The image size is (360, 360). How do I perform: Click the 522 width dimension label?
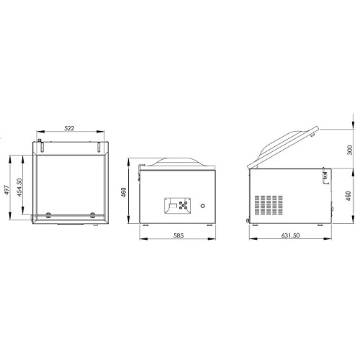point(69,128)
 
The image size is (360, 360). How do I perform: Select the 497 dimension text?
point(6,190)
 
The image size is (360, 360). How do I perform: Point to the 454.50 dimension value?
point(19,187)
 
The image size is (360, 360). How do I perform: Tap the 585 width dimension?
point(179,235)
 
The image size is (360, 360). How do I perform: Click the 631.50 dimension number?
point(290,235)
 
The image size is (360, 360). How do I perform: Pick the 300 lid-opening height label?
point(350,150)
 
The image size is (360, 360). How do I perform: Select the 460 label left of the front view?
point(123,192)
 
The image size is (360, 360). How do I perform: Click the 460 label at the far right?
point(348,196)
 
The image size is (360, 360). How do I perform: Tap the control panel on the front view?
point(178,206)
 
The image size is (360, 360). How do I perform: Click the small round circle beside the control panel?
point(203,206)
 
